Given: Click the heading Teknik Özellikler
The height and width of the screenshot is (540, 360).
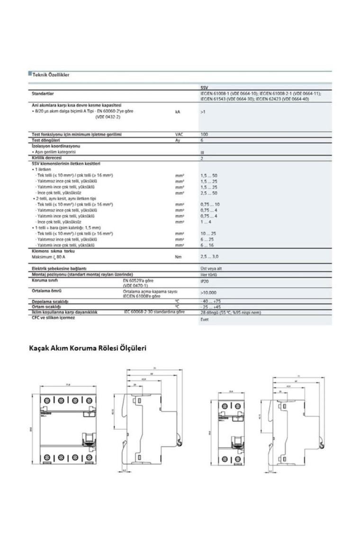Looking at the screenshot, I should pyautogui.click(x=50, y=74).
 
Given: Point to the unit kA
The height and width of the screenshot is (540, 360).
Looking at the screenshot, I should pyautogui.click(x=178, y=112).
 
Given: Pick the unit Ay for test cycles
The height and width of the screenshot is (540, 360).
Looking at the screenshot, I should pyautogui.click(x=178, y=140).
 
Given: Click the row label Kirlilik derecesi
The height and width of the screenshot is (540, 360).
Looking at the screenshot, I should pyautogui.click(x=47, y=158).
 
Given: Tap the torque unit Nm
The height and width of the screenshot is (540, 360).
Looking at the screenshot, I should pyautogui.click(x=178, y=256).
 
